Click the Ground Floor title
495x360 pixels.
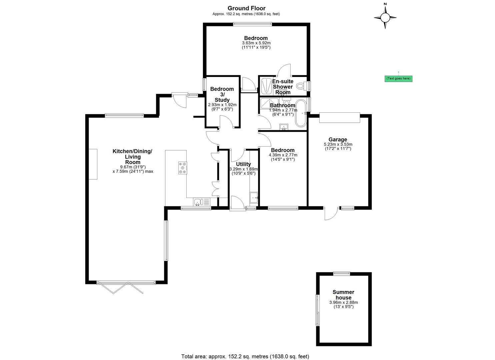coord(246,8)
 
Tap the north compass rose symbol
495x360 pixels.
coord(385,17)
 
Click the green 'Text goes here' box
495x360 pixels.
coord(398,78)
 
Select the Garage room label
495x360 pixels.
coord(338,139)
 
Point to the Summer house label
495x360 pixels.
coord(343,295)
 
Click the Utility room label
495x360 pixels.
coord(243,164)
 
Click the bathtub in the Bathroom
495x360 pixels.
coord(300,113)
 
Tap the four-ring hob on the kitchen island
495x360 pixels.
coord(183,168)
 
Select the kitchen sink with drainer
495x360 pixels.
coord(202,202)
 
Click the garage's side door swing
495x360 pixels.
coord(331,214)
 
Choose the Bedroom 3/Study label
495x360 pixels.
coord(222,94)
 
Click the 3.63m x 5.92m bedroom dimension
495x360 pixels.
coord(256,43)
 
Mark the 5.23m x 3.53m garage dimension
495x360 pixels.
coord(338,144)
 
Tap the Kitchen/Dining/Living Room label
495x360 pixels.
coord(133,157)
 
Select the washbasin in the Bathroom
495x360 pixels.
coord(284,127)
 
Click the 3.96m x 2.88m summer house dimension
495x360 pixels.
coord(344,302)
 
